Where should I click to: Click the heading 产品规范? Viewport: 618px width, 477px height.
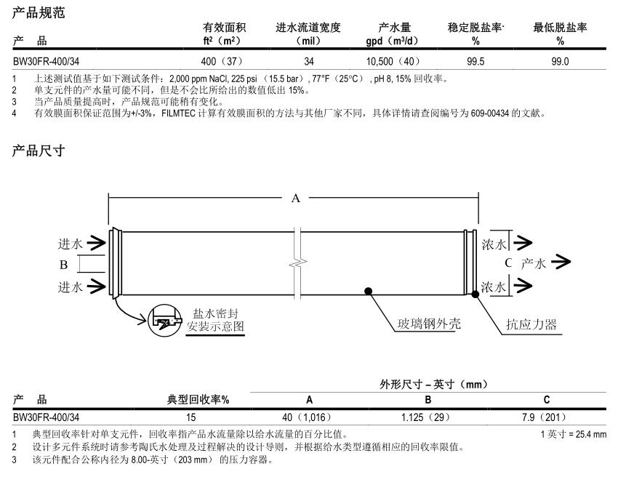click(x=39, y=12)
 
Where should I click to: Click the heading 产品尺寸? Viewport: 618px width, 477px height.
click(x=39, y=151)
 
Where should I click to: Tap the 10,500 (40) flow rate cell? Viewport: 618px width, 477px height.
click(x=393, y=62)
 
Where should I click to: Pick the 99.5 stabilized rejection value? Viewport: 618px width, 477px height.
click(x=476, y=62)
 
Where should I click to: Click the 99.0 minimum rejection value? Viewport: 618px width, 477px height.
click(x=560, y=62)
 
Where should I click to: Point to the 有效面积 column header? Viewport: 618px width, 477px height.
click(x=223, y=28)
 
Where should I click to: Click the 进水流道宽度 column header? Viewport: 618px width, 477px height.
click(x=309, y=28)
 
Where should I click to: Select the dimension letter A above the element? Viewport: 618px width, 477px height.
click(x=295, y=199)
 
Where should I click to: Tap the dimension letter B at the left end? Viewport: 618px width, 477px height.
click(x=64, y=265)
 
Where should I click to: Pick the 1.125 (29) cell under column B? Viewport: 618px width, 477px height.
click(x=428, y=417)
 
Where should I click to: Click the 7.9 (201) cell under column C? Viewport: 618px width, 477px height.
click(x=547, y=417)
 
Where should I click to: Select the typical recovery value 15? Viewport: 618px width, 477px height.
click(x=191, y=417)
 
